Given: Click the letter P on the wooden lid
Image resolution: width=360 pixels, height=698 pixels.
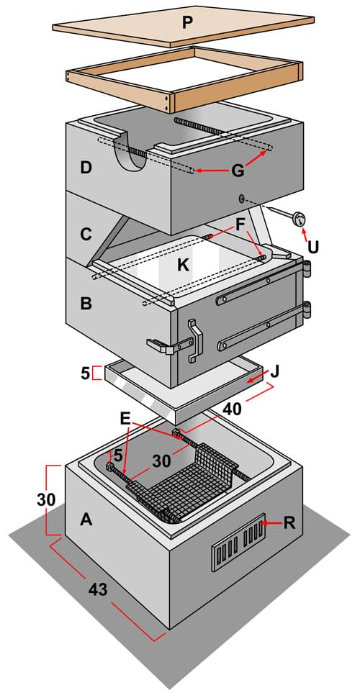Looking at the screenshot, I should point(188,22).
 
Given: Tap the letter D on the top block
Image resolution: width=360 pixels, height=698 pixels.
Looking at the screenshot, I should point(86,168).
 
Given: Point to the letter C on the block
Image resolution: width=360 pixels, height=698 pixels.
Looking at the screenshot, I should point(86,234).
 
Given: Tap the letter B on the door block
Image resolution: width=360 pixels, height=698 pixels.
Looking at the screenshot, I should point(86,304).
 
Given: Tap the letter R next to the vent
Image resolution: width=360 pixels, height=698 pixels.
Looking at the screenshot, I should point(289,522).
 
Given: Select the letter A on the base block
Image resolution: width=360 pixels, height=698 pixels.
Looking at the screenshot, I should point(86,519).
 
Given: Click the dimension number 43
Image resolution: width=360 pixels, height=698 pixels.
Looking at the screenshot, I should point(99,589).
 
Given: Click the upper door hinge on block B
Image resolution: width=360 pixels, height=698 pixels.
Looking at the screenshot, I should point(307,268).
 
